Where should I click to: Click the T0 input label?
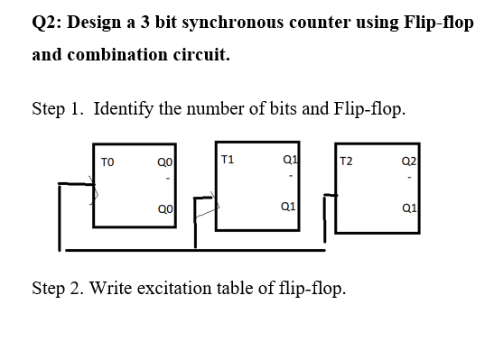[x=107, y=162]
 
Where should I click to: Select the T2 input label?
[x=346, y=162]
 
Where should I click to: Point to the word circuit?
[x=200, y=55]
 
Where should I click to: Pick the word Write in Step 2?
[x=109, y=289]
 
